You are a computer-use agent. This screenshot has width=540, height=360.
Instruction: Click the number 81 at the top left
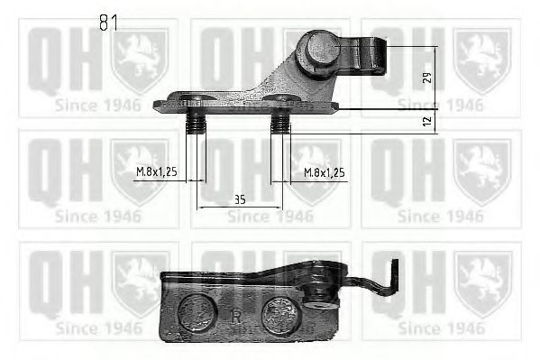(108, 23)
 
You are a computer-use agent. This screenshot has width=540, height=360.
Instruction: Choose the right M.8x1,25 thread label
(325, 171)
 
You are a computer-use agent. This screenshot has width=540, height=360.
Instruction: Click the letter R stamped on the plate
(236, 317)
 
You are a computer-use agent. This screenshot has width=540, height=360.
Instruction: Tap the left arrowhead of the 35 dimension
(201, 208)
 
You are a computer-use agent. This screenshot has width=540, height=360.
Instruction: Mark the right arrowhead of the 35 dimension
(280, 208)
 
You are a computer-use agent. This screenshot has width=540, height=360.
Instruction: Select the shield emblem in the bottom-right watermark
(481, 283)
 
